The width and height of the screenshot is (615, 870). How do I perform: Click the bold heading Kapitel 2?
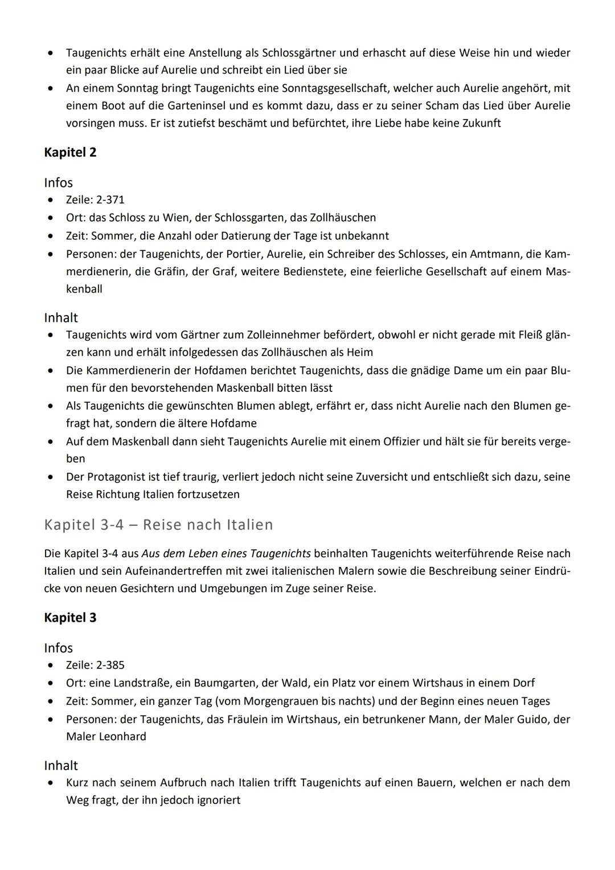click(x=70, y=153)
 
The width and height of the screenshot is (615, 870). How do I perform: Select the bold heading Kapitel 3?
click(x=70, y=618)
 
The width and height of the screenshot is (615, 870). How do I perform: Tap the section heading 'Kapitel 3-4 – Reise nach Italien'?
click(x=158, y=525)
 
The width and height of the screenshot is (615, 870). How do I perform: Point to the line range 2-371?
click(x=108, y=200)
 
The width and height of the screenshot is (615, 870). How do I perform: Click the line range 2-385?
click(x=108, y=665)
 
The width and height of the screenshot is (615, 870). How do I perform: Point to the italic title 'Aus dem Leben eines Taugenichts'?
click(x=226, y=554)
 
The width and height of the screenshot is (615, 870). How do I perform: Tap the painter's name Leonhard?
click(x=122, y=737)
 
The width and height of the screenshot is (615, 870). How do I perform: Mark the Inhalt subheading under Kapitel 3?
click(x=61, y=766)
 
